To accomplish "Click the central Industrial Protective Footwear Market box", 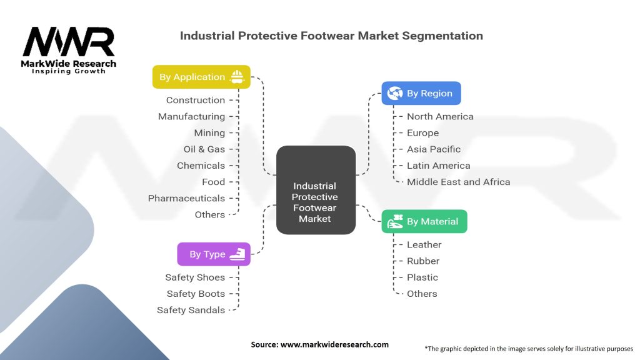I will coord(316,190).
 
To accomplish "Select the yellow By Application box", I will coord(201,77).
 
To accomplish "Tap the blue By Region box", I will coord(422,93).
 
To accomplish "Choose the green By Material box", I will coord(424,221).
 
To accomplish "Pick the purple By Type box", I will coord(214,254).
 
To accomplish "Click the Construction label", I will coord(195,100).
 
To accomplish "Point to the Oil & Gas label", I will coord(204,149).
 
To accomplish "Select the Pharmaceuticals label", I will coord(186,198).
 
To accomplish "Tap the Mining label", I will coord(209,132).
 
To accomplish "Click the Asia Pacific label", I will coord(433,149).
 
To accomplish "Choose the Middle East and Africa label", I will coord(458,182).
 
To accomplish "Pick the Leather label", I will coord(424,244).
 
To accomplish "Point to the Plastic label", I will coord(422,277).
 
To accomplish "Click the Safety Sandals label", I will coord(191,310).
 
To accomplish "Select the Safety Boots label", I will coord(196,294).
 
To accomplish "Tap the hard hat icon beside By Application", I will coord(237,77).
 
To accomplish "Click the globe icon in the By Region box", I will coord(395,93).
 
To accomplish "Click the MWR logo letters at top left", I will coord(69,42).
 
